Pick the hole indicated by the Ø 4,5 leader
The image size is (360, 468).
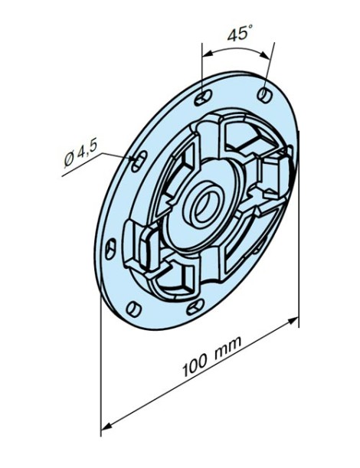click(138, 159)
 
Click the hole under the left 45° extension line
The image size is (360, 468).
click(201, 98)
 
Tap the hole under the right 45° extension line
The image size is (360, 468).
click(264, 93)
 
